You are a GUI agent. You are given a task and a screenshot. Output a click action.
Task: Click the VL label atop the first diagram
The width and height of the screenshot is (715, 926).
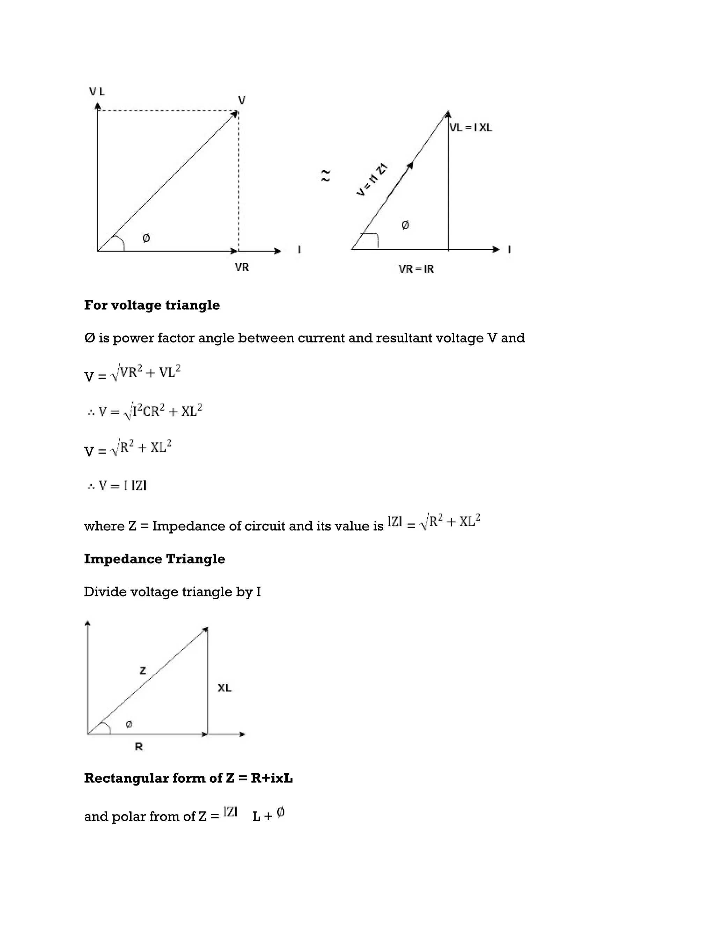pyautogui.click(x=97, y=92)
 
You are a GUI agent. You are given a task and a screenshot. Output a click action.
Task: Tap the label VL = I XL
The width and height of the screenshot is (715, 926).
pyautogui.click(x=471, y=128)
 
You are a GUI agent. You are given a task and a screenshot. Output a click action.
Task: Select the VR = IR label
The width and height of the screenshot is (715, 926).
pyautogui.click(x=416, y=269)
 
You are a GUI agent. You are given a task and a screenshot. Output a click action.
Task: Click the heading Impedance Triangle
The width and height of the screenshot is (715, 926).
pyautogui.click(x=154, y=559)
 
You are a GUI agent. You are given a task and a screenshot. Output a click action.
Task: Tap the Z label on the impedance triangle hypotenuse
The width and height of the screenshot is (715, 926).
pyautogui.click(x=143, y=670)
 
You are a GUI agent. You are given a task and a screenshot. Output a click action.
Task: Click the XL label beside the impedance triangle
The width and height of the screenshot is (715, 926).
pyautogui.click(x=224, y=688)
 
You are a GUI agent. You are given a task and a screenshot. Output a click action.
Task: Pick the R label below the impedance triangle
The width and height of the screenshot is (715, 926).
pyautogui.click(x=139, y=747)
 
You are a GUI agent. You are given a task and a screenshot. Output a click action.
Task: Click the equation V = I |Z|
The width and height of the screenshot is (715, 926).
pyautogui.click(x=117, y=486)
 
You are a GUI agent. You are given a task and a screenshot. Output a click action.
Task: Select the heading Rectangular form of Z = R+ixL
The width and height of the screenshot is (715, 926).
pyautogui.click(x=188, y=778)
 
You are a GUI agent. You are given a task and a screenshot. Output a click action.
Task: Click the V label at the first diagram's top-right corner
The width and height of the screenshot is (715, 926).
pyautogui.click(x=242, y=101)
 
